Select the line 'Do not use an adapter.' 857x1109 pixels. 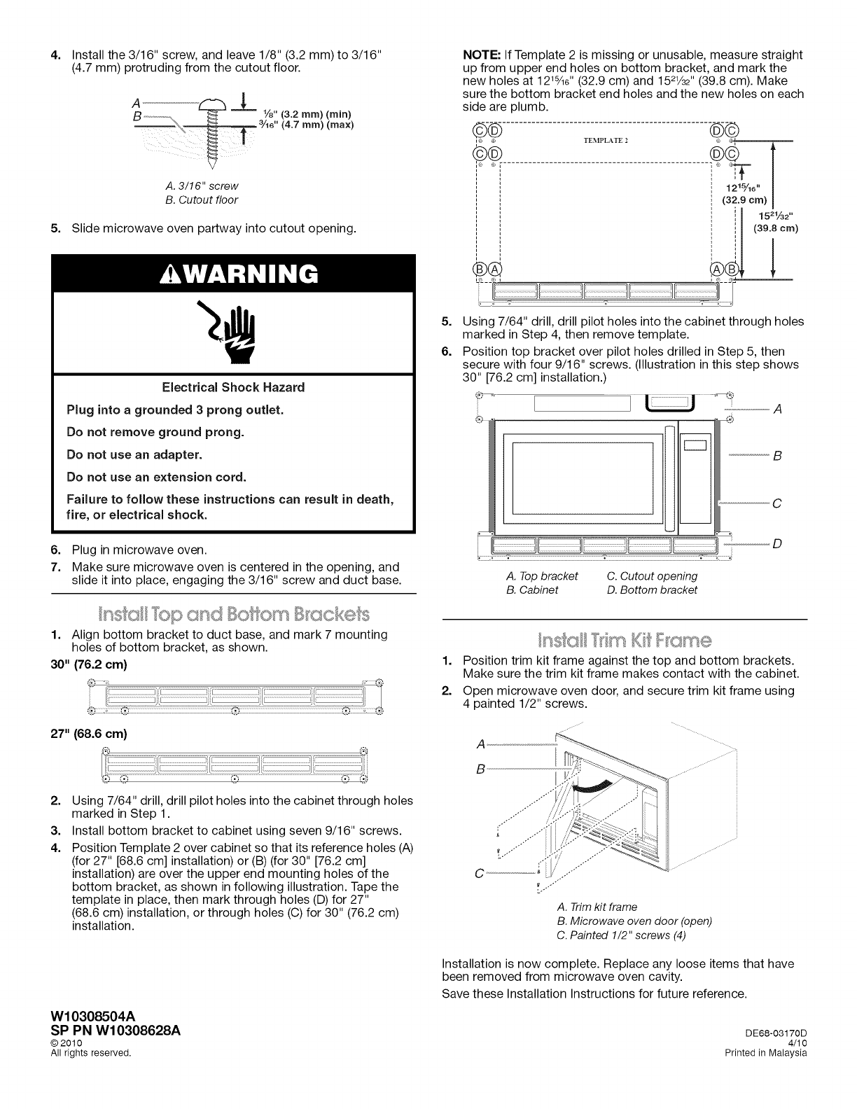point(134,454)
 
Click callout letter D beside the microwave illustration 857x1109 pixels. point(777,544)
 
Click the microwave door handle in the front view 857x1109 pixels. point(669,480)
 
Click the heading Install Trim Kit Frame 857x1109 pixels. point(625,640)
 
